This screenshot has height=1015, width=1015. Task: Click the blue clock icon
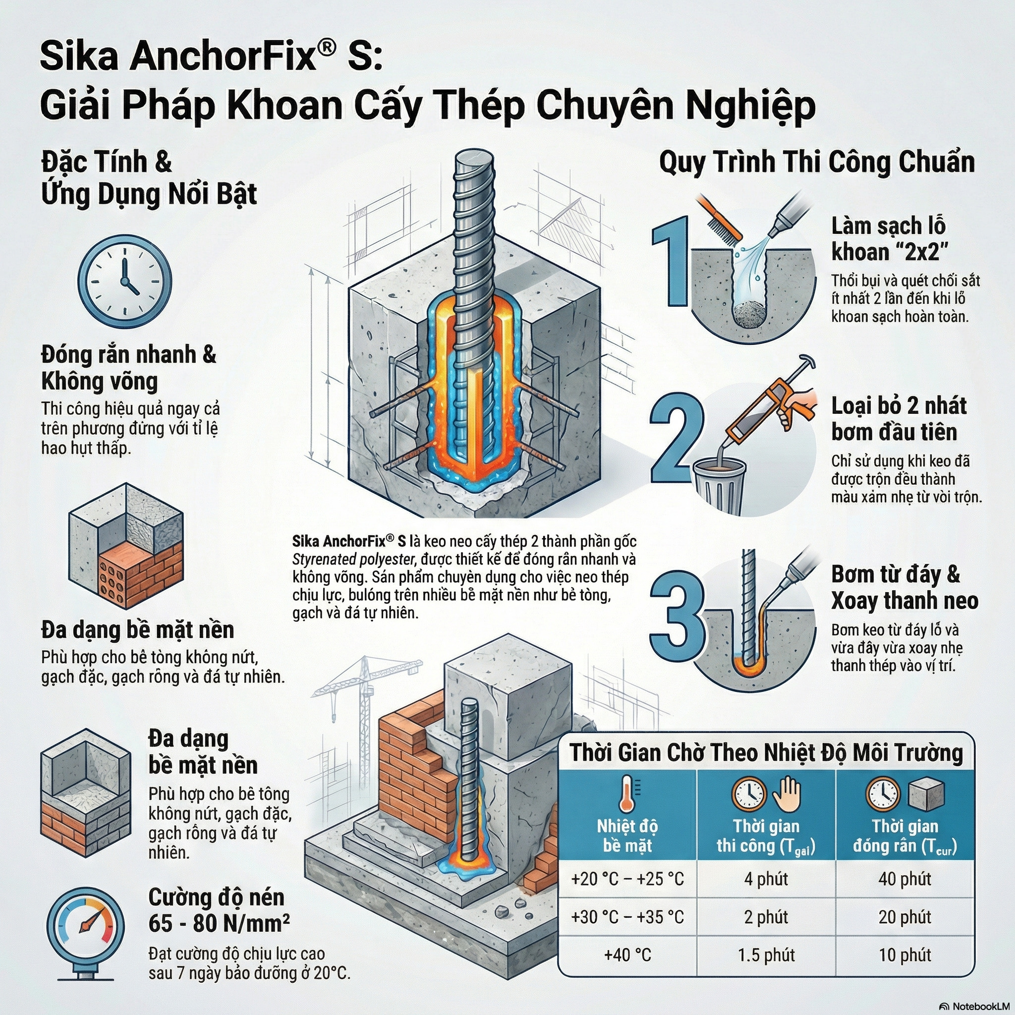click(124, 281)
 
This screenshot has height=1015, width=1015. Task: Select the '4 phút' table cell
click(766, 879)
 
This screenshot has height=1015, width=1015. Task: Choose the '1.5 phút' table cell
click(766, 955)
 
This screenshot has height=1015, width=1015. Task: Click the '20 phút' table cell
click(904, 917)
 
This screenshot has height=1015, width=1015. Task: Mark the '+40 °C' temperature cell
click(627, 955)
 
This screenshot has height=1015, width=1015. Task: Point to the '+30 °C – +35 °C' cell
click(627, 917)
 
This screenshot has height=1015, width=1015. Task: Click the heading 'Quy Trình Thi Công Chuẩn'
click(816, 163)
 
